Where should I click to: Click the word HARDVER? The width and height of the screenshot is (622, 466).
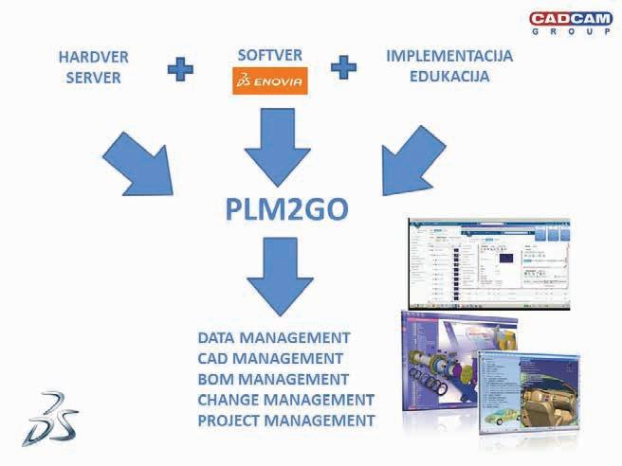93,58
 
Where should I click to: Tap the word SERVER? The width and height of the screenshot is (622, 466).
93,78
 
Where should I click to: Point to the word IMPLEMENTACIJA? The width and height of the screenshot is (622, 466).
449,56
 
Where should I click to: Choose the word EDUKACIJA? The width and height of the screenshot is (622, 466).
449,77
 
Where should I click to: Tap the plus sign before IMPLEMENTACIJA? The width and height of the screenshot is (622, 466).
343,68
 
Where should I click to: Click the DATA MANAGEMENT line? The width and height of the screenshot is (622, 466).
274,338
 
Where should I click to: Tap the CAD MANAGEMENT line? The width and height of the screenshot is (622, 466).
270,359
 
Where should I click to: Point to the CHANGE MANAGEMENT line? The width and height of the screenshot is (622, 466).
285,400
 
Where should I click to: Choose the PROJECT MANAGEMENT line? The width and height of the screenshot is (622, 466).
286,420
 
